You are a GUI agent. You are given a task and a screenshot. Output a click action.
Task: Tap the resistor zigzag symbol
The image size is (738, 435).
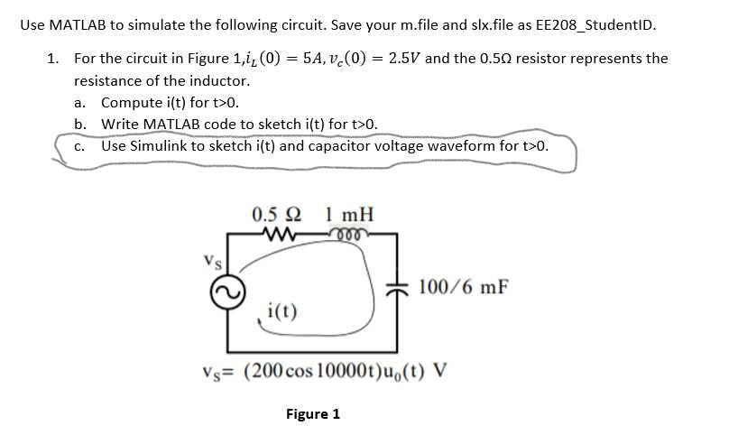click(x=276, y=236)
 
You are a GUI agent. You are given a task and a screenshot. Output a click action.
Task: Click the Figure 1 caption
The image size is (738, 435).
click(x=313, y=414)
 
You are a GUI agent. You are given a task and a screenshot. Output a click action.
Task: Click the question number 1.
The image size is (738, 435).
click(x=52, y=59)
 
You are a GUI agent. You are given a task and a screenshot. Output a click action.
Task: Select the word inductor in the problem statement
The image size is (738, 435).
click(x=233, y=80)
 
